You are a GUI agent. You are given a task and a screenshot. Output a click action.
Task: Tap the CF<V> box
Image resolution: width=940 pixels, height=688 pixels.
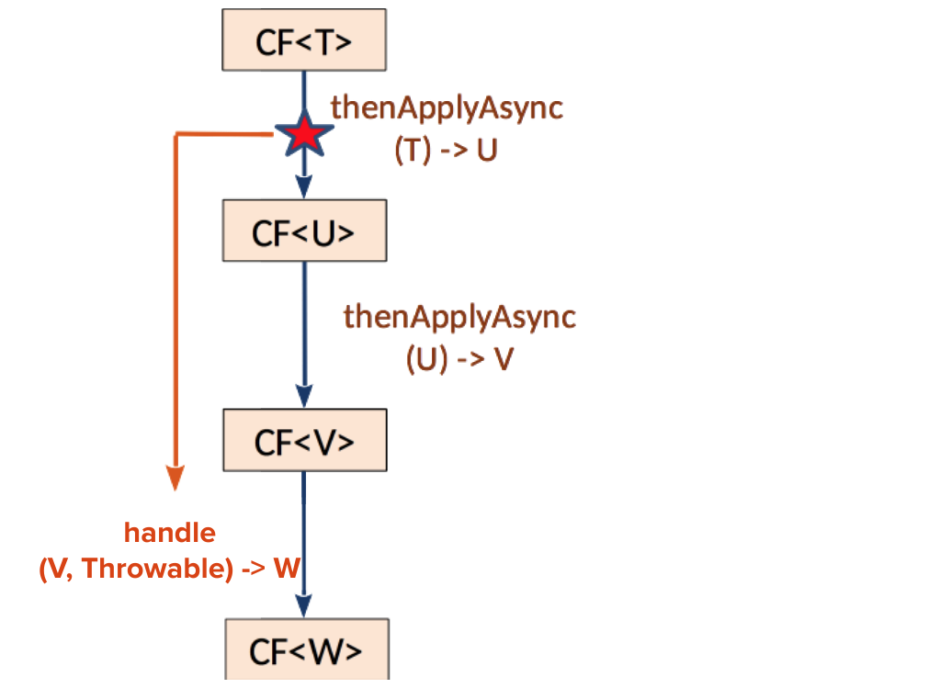(304, 442)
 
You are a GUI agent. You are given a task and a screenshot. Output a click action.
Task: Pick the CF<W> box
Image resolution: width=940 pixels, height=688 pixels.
(306, 650)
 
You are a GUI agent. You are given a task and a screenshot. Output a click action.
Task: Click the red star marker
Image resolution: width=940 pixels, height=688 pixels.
(304, 136)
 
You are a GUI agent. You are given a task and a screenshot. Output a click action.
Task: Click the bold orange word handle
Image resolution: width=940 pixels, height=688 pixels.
(170, 533)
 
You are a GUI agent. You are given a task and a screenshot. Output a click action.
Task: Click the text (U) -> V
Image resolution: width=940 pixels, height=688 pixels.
(459, 359)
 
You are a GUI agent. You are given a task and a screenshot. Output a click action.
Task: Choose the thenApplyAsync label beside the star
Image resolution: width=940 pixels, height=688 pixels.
(447, 108)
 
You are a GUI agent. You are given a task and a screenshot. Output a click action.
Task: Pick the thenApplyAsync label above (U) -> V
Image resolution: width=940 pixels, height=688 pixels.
(459, 317)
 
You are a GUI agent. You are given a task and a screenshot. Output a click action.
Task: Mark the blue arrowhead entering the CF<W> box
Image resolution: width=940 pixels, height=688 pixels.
(304, 607)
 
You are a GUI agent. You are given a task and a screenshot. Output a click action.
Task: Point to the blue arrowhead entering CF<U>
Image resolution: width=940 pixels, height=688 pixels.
(304, 187)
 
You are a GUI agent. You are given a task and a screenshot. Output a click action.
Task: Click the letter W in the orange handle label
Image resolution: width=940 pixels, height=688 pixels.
(287, 570)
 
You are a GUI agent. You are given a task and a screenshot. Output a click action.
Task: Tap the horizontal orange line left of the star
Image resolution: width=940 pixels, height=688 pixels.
(225, 135)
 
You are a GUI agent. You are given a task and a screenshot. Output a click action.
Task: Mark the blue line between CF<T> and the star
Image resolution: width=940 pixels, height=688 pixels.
(304, 92)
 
